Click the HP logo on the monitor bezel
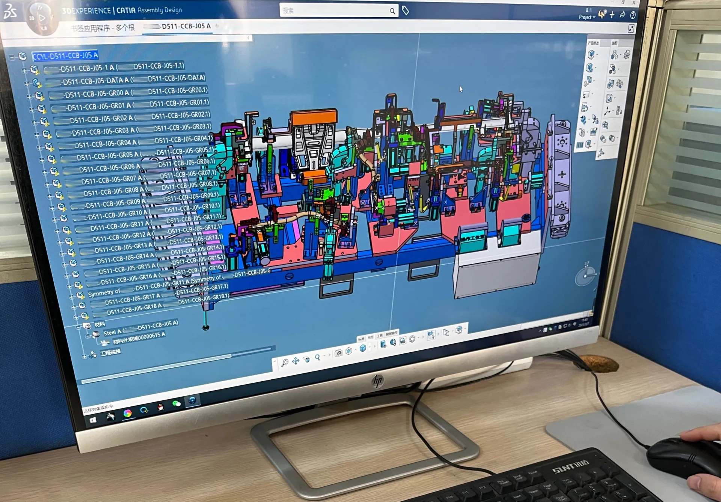(x=377, y=381)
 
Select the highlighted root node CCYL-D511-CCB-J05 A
(x=65, y=56)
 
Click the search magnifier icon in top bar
(x=392, y=11)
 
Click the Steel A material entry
(x=112, y=332)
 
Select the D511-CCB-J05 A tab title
(x=186, y=26)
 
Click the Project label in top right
(x=585, y=17)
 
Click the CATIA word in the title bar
(x=126, y=11)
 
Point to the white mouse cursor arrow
(x=461, y=89)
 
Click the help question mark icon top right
(x=633, y=15)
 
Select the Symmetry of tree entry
(x=104, y=292)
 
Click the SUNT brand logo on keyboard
(x=570, y=467)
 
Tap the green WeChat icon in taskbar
(x=176, y=404)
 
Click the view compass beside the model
(x=585, y=276)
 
